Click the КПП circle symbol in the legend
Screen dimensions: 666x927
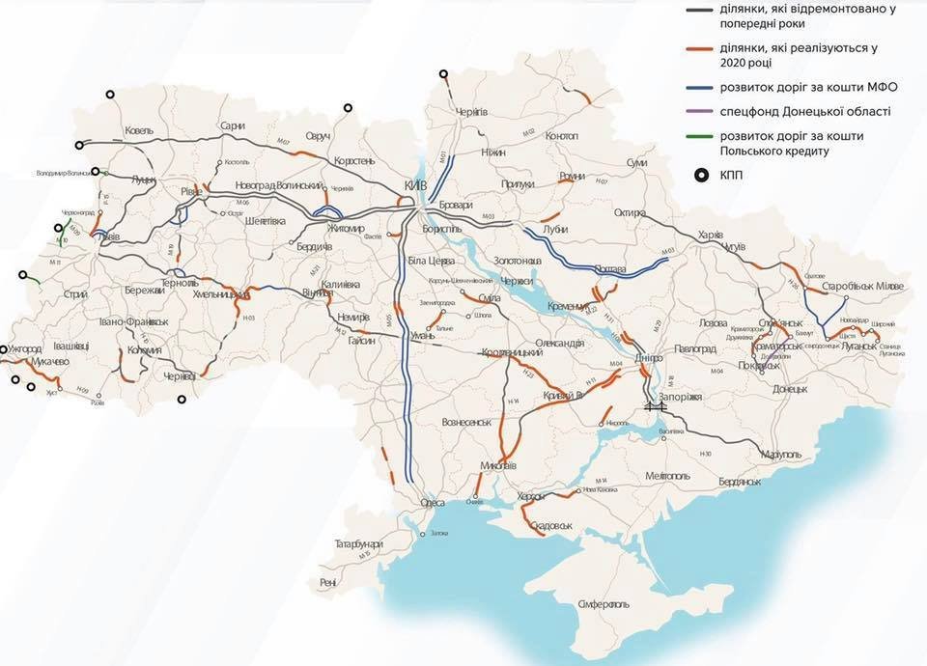(x=701, y=175)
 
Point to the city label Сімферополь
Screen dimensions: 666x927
(x=604, y=604)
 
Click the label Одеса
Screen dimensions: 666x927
(x=432, y=503)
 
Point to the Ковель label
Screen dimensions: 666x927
(x=140, y=130)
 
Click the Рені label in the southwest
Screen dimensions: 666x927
(x=328, y=583)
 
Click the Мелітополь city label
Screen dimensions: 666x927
(x=667, y=476)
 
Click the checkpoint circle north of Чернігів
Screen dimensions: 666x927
(x=443, y=73)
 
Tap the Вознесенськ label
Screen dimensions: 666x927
(x=466, y=422)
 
